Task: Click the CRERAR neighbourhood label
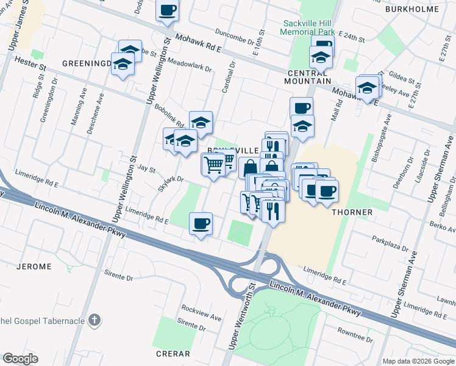point(173,354)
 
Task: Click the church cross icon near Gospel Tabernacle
point(94,320)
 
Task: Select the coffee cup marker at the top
point(167,10)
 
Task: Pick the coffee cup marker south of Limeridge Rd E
point(201,223)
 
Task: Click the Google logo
point(20,359)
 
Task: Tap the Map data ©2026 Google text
point(419,361)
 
